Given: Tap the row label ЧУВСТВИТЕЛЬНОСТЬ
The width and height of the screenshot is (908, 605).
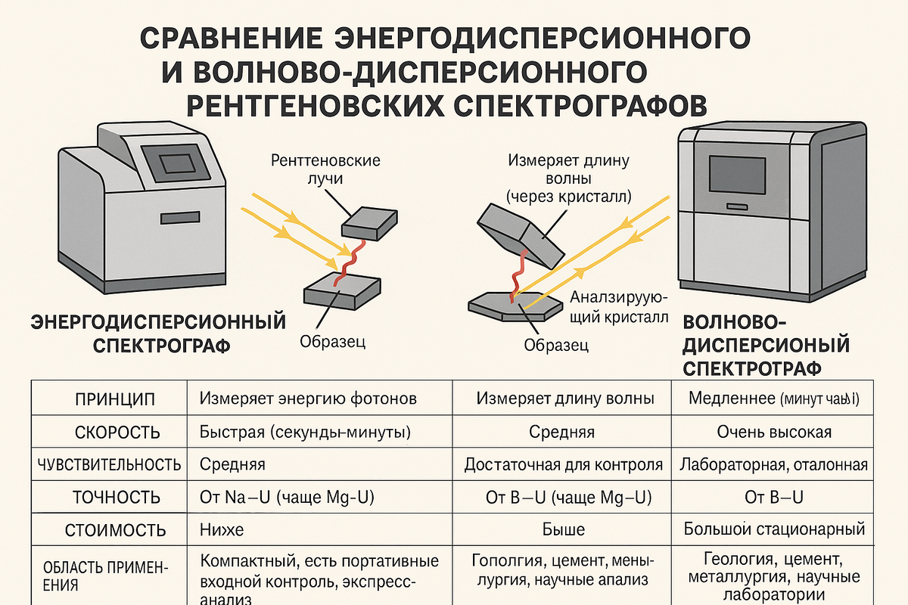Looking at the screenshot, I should click(109, 464).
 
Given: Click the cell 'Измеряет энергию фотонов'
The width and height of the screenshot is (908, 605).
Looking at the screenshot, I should click(308, 399).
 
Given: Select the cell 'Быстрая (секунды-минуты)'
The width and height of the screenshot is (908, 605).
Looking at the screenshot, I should click(304, 433).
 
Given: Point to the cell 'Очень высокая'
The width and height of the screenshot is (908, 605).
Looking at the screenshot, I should click(774, 433).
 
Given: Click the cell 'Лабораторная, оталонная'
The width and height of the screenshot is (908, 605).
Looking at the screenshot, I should click(774, 464).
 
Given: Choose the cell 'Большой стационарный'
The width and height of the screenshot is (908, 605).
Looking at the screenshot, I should click(774, 529).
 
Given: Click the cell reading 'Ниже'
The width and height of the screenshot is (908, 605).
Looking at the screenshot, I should click(221, 529).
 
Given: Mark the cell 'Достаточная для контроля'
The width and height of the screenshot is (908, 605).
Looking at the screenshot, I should click(564, 464).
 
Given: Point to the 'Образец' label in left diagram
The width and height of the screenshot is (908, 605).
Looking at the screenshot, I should click(333, 342).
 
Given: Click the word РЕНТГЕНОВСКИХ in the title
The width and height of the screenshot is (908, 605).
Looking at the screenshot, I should click(314, 104).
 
